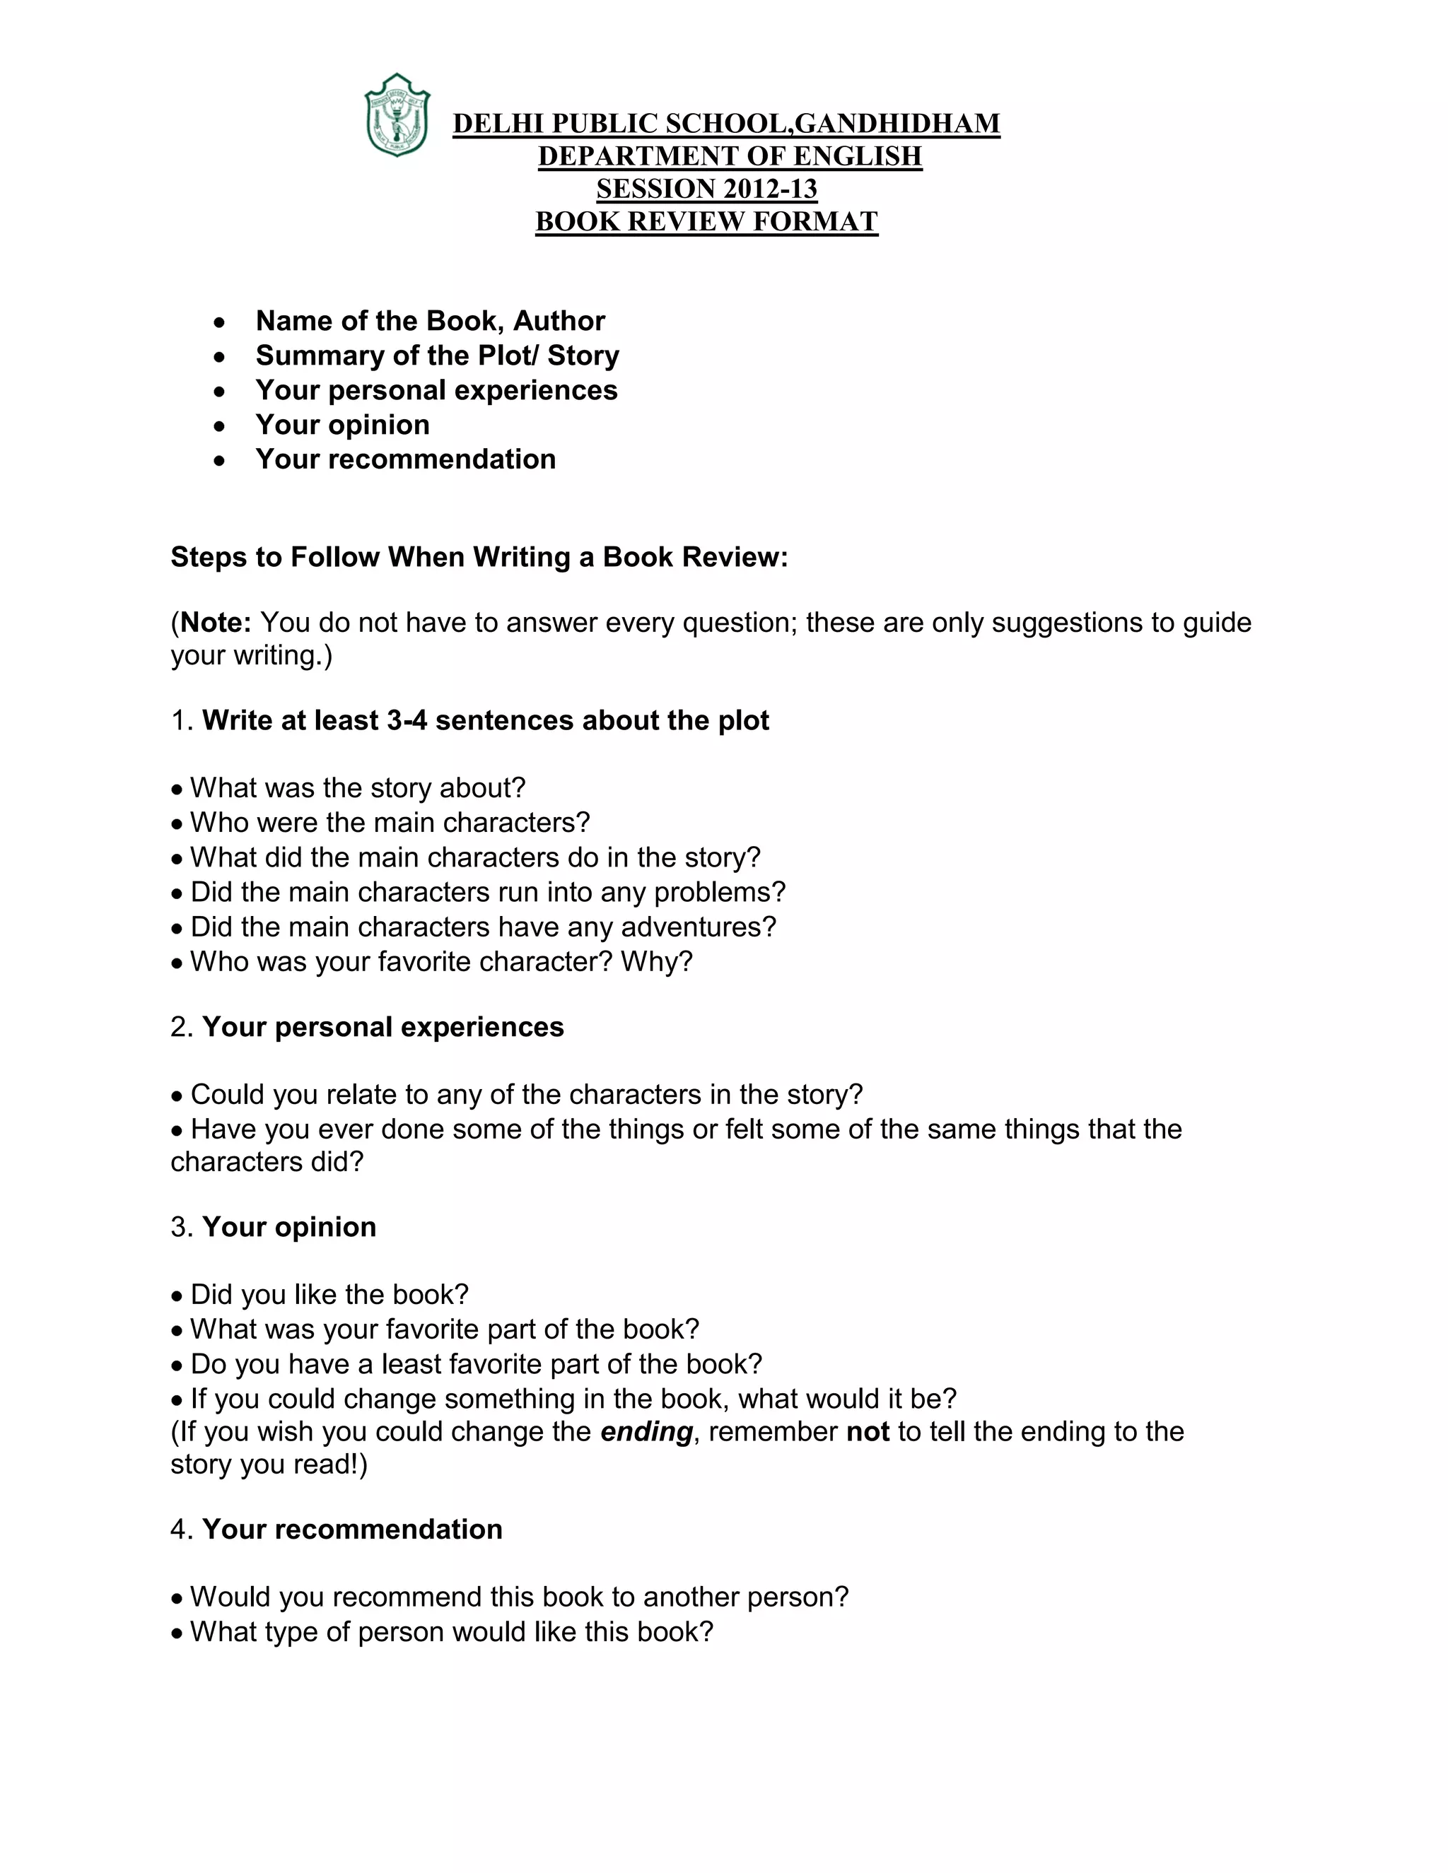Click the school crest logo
point(397,116)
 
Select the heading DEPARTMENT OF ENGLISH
point(730,157)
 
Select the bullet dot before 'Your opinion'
point(221,426)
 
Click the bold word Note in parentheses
point(216,623)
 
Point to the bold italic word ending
point(646,1432)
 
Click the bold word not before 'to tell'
point(868,1432)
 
